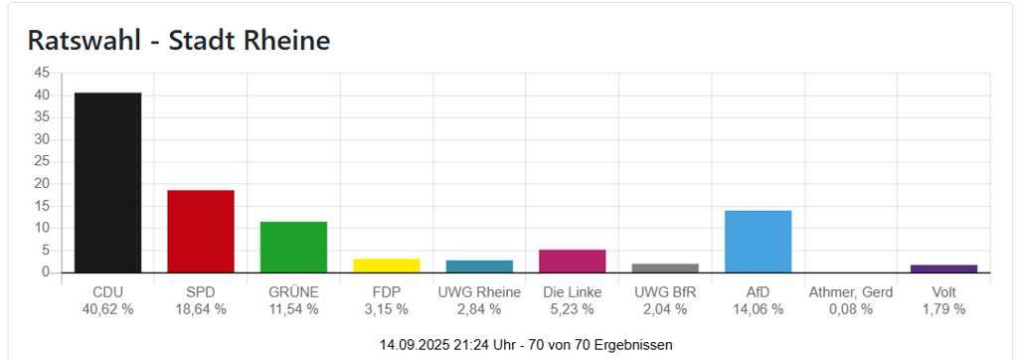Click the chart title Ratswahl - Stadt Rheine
pyautogui.click(x=179, y=41)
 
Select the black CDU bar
pyautogui.click(x=107, y=182)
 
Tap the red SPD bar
pyautogui.click(x=201, y=231)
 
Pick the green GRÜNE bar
pyautogui.click(x=293, y=247)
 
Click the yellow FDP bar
pyautogui.click(x=387, y=266)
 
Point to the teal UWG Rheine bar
pyautogui.click(x=479, y=267)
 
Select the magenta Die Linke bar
pyautogui.click(x=572, y=261)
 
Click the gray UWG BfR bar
pyautogui.click(x=665, y=268)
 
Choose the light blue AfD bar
pyautogui.click(x=758, y=242)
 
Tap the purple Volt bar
pyautogui.click(x=943, y=269)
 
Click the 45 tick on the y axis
pyautogui.click(x=42, y=73)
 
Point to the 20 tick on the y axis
pyautogui.click(x=42, y=183)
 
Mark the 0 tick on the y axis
pyautogui.click(x=46, y=271)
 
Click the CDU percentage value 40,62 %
pyautogui.click(x=107, y=309)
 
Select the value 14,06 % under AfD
pyautogui.click(x=758, y=309)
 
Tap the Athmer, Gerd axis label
pyautogui.click(x=851, y=292)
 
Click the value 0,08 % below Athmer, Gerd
pyautogui.click(x=851, y=309)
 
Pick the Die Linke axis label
pyautogui.click(x=572, y=292)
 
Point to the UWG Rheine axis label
pyautogui.click(x=479, y=292)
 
